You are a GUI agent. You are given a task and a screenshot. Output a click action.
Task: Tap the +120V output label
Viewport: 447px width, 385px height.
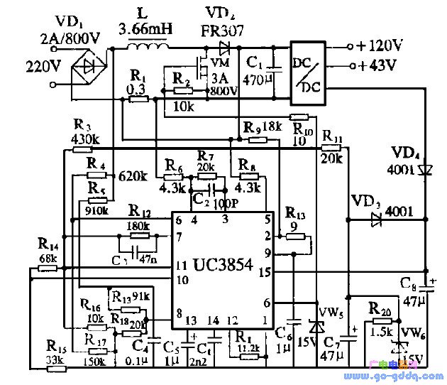pyautogui.click(x=380, y=46)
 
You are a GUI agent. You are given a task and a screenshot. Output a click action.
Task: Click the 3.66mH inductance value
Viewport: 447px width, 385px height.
pyautogui.click(x=148, y=30)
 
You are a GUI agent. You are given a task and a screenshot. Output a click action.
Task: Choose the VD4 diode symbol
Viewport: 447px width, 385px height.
pyautogui.click(x=425, y=170)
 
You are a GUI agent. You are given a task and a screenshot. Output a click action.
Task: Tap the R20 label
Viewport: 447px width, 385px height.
pyautogui.click(x=381, y=308)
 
